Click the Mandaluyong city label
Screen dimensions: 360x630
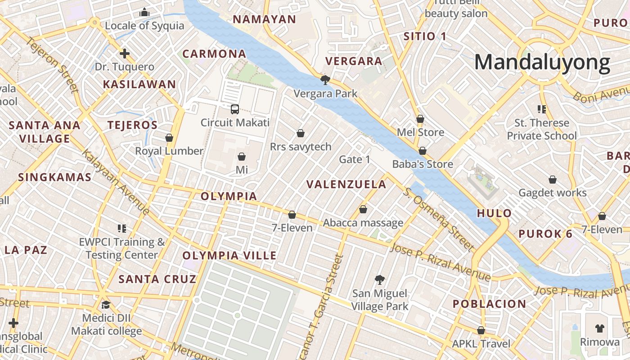pos(542,62)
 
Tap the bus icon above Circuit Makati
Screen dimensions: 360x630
pos(234,109)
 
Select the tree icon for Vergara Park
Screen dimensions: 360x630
pos(325,80)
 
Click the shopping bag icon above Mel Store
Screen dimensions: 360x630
pos(420,119)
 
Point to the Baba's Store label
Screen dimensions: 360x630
pos(423,164)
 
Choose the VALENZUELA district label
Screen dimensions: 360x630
pos(346,184)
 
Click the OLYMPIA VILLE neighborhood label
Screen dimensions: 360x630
pos(229,256)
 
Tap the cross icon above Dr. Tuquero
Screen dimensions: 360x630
pos(124,54)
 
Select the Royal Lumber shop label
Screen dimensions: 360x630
pos(169,151)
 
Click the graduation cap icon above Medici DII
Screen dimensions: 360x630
pos(106,305)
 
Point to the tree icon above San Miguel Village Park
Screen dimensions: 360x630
pos(380,280)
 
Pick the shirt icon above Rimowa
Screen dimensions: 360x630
pos(599,328)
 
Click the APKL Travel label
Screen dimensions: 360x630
pos(481,344)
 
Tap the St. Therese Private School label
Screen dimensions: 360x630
pos(542,130)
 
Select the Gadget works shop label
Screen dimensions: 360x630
pos(553,193)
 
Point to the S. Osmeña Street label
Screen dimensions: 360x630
pos(439,220)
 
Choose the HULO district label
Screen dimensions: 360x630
pos(494,213)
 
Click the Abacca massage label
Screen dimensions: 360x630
pos(363,223)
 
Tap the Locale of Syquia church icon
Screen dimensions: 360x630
pos(144,12)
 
